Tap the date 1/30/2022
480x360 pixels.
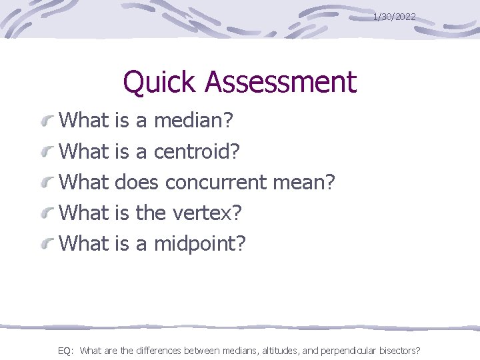395,16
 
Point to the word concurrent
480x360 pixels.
227,182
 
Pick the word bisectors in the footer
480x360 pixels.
398,350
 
